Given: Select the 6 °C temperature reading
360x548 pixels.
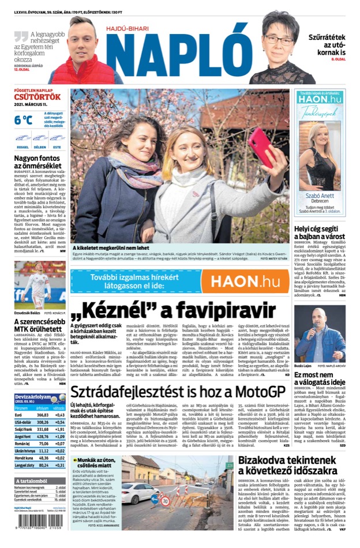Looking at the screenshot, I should coord(24,120).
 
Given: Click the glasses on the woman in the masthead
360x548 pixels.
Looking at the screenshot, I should coord(279,40).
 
